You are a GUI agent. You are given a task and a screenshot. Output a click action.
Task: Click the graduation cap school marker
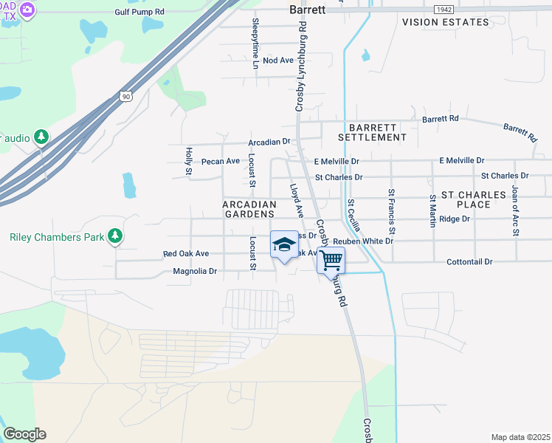pyautogui.click(x=283, y=245)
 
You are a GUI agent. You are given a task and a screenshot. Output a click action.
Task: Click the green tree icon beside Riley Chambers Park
pyautogui.click(x=114, y=236)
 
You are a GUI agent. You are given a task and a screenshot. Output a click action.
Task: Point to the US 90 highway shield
pyautogui.click(x=126, y=97)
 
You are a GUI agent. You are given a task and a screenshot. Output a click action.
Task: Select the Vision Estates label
pyautogui.click(x=446, y=22)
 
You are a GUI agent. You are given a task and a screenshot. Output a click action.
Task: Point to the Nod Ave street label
pyautogui.click(x=278, y=60)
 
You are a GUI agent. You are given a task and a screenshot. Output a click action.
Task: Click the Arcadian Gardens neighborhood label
pyautogui.click(x=250, y=209)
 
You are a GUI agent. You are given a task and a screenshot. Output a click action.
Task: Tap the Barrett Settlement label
pyautogui.click(x=373, y=132)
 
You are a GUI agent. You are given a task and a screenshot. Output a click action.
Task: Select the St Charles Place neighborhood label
pyautogui.click(x=473, y=199)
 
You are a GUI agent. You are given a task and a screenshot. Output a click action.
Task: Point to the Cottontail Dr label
pyautogui.click(x=469, y=262)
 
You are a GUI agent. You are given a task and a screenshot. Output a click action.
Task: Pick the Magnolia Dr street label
pyautogui.click(x=195, y=271)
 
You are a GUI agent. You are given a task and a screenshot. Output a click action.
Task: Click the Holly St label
pyautogui.click(x=189, y=161)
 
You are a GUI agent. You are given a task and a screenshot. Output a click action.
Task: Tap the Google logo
pyautogui.click(x=25, y=434)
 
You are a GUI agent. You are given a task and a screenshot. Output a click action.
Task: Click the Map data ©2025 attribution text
pyautogui.click(x=520, y=437)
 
